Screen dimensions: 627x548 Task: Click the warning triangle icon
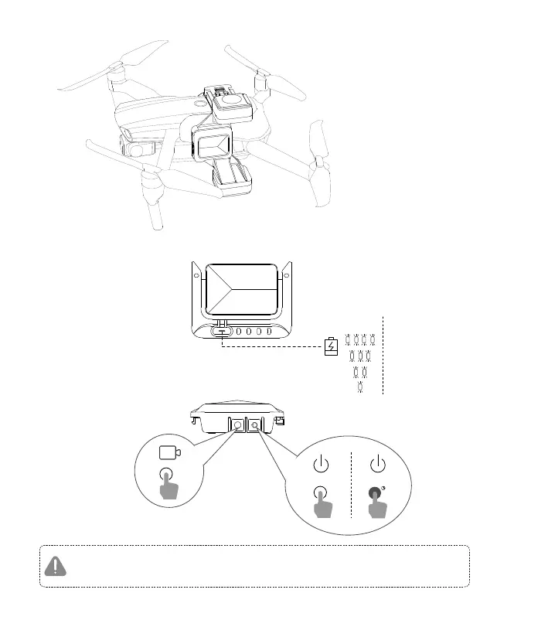(x=55, y=566)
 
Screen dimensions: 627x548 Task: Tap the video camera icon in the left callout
(x=168, y=453)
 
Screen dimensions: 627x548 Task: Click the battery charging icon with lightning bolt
(x=330, y=346)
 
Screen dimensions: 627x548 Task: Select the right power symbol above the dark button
(x=377, y=465)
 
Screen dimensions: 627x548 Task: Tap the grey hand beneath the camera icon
(x=169, y=490)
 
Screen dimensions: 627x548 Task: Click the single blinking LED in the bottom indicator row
(x=359, y=385)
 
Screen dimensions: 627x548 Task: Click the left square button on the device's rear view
(x=237, y=424)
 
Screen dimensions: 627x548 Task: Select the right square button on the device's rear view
(x=254, y=424)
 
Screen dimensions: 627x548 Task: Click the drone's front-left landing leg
(x=152, y=206)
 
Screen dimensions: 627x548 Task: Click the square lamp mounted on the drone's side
(x=213, y=145)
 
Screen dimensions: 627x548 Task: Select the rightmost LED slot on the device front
(x=270, y=332)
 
